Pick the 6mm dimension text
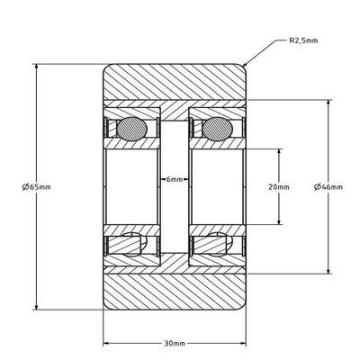pyautogui.click(x=175, y=180)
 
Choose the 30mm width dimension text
pyautogui.click(x=175, y=343)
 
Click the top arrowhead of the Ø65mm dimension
pyautogui.click(x=35, y=67)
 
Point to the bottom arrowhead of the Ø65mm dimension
pyautogui.click(x=35, y=306)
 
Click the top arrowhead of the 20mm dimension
pyautogui.click(x=280, y=148)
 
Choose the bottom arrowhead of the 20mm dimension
pyautogui.click(x=280, y=221)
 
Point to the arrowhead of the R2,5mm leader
pyautogui.click(x=245, y=65)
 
